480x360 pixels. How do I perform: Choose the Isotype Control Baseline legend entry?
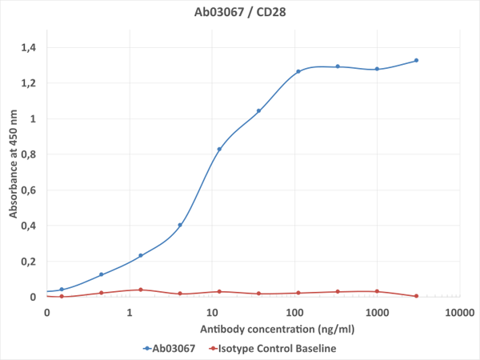pos(271,348)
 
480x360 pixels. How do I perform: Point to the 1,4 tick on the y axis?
pos(29,48)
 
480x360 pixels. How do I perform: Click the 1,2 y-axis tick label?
pos(29,83)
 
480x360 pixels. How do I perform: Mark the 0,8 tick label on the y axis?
pos(29,154)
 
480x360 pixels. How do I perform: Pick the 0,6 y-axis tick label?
pos(29,190)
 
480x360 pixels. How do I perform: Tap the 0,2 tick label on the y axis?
pos(29,262)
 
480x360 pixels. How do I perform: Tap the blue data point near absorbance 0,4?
pos(180,225)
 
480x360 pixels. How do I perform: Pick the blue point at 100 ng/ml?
pos(298,72)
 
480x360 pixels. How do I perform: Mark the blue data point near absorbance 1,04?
pos(258,111)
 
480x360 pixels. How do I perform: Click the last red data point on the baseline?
pos(417,296)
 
